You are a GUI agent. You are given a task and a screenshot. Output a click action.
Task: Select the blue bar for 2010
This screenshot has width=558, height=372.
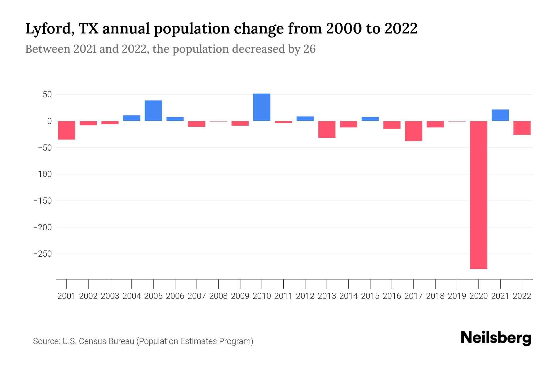coord(262,107)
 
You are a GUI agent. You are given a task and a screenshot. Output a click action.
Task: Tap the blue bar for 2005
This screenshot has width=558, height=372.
coord(153,111)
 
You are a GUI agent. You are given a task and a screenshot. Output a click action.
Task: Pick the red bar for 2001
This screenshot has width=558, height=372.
coord(67,130)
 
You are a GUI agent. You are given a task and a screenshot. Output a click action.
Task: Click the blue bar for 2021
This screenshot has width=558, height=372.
coord(500,115)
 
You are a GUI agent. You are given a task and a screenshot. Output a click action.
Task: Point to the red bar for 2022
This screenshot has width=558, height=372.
coord(522,128)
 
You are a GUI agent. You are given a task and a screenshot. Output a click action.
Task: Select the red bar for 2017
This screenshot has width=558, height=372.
coord(414,131)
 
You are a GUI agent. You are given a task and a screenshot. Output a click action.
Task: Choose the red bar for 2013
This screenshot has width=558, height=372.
coord(327,129)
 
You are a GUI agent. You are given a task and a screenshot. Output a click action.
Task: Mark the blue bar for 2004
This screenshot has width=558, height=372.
coord(132,118)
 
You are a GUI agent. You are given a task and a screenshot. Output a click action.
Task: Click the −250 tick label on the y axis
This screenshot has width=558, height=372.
coord(42,254)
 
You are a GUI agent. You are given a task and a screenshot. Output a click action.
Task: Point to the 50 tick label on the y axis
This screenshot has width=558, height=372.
coord(47,95)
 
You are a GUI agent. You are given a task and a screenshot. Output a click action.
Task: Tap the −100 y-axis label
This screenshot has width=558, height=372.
coord(42,174)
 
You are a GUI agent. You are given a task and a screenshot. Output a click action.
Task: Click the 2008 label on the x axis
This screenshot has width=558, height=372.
coord(218,296)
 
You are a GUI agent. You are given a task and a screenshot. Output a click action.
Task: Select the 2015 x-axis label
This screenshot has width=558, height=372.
coord(370,296)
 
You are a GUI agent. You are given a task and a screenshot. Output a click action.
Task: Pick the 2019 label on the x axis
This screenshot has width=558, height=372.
coord(457,296)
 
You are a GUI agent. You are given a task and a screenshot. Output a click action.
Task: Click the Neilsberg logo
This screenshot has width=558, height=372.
coord(496,338)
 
